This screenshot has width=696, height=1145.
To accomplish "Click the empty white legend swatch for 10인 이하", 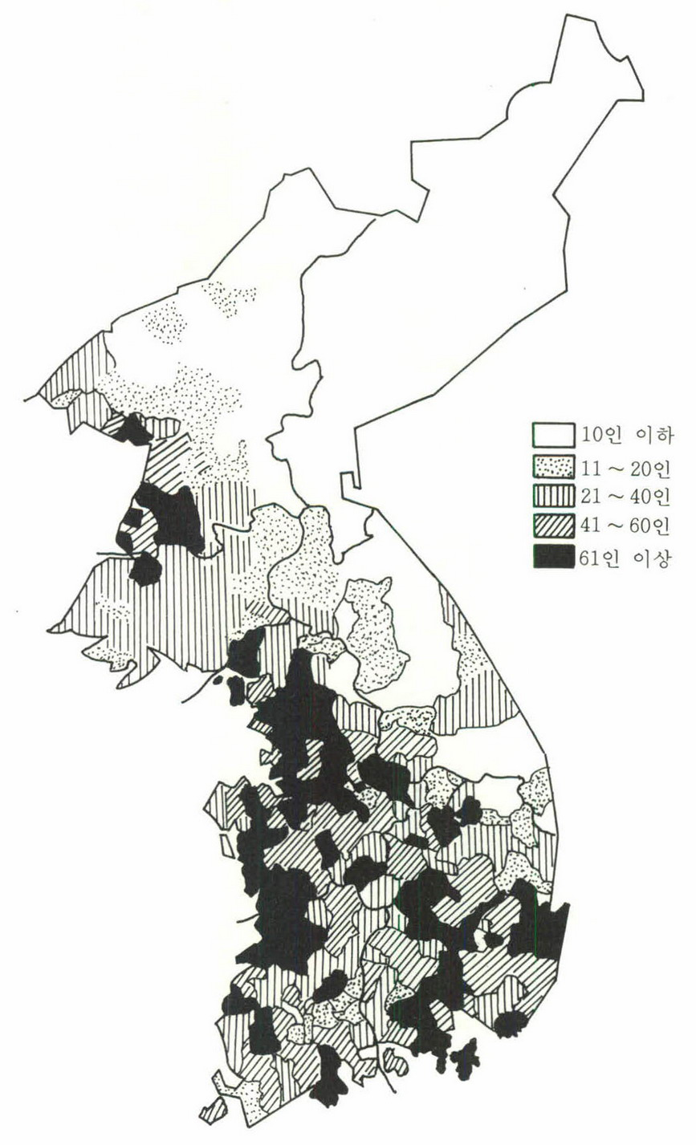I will point(553,434).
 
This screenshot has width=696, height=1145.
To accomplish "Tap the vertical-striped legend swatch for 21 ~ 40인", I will point(553,495).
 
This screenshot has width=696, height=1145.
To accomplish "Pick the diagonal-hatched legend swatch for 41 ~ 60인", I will point(553,526).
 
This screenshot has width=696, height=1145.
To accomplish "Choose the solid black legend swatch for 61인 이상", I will point(553,556).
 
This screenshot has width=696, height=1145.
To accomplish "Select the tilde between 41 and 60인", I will point(620,527).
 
